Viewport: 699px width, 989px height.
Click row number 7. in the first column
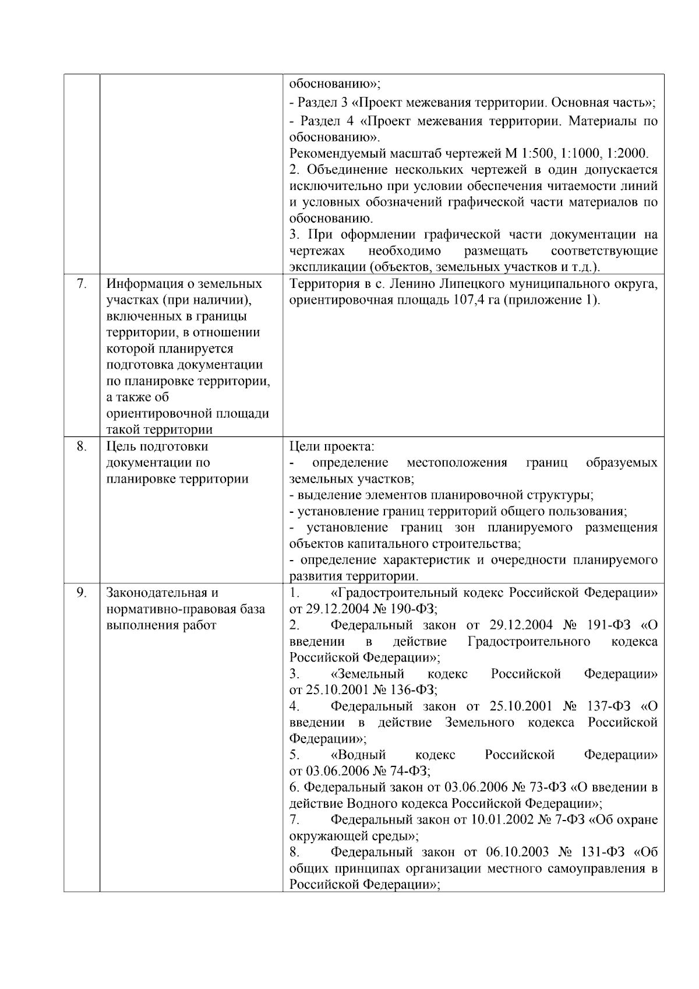82,284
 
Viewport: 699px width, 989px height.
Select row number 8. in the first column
82,446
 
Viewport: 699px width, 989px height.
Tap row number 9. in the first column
82,593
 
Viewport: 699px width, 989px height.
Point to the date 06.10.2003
517,852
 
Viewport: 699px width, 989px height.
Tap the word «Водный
358,755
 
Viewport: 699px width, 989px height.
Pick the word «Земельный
368,674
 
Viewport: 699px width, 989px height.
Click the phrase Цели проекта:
332,446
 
